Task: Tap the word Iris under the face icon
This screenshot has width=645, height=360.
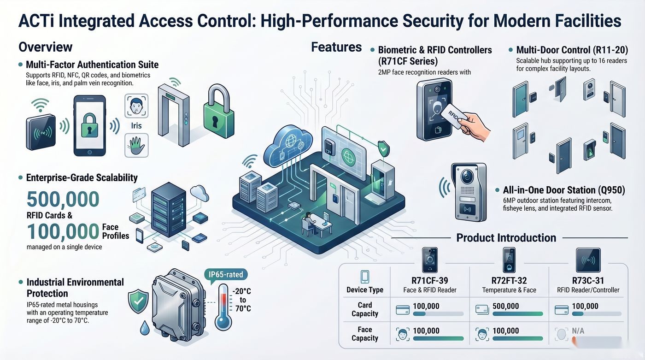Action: point(136,125)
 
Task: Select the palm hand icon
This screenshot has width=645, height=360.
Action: point(136,145)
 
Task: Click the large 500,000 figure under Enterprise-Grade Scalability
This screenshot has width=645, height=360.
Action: point(63,199)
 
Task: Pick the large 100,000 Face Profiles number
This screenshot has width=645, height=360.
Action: point(63,231)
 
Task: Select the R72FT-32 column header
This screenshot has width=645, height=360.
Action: point(509,281)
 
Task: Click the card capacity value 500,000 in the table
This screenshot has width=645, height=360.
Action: point(506,306)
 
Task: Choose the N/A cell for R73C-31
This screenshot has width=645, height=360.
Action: point(578,331)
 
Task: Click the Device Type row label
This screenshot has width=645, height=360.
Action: point(365,290)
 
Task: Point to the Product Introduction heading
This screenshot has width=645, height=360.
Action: point(506,238)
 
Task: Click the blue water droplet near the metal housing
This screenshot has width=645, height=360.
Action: point(145,328)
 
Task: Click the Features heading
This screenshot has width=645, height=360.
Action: point(336,47)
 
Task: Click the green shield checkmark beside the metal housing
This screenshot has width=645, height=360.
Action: point(138,301)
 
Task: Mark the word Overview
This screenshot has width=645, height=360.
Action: point(46,47)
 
